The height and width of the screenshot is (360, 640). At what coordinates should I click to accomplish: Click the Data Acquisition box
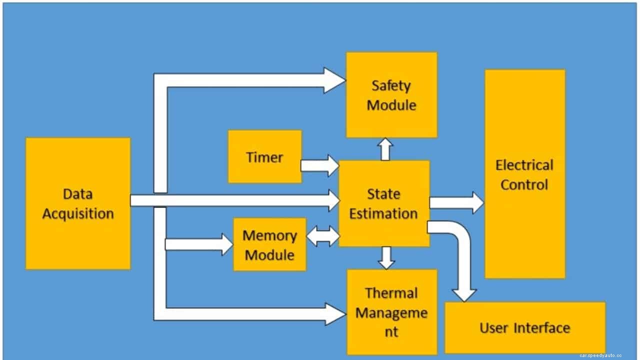tap(78, 203)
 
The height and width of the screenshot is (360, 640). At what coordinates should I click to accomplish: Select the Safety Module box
tap(391, 95)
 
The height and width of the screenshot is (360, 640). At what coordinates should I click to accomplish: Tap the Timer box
tap(264, 157)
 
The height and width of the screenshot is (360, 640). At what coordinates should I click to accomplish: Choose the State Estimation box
tap(384, 203)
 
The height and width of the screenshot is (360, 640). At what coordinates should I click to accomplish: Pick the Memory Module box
tap(269, 244)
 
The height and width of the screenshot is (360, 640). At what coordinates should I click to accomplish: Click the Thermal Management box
tap(391, 312)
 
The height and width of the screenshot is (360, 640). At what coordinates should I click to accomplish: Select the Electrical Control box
tap(524, 174)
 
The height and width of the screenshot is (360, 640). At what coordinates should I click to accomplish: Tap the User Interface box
tap(524, 327)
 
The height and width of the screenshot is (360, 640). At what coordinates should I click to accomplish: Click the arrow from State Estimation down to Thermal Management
tap(386, 257)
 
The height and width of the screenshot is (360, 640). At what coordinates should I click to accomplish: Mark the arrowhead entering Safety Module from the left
tap(334, 80)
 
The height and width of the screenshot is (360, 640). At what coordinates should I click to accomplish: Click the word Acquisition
tap(78, 213)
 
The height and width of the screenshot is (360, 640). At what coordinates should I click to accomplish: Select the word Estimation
tap(383, 213)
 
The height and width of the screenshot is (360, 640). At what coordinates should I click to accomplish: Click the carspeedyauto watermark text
tap(600, 355)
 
